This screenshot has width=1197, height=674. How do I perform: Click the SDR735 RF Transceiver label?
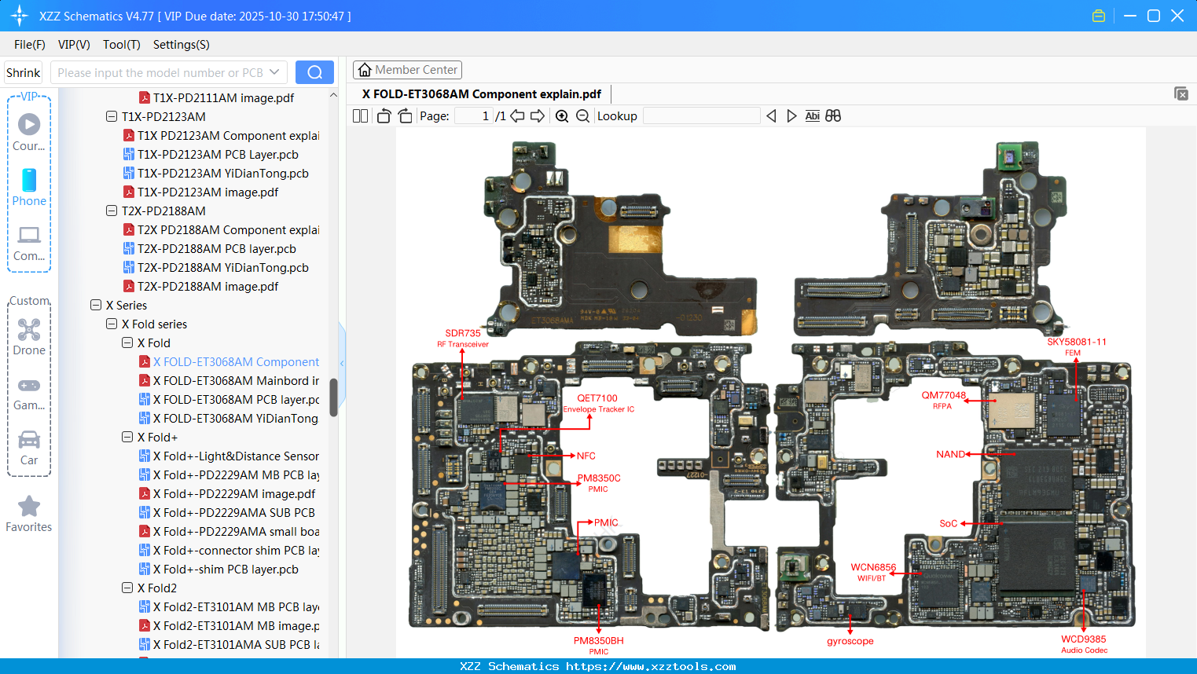[463, 338]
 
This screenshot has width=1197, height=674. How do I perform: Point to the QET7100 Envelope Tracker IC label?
[598, 403]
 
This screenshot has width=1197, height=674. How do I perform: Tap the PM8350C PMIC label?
[599, 482]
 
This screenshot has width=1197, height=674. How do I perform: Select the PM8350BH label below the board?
[599, 645]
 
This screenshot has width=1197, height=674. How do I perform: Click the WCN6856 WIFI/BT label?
[872, 572]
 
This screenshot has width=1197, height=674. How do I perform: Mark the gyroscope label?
[850, 641]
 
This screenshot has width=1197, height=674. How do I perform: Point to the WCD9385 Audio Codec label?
[1084, 644]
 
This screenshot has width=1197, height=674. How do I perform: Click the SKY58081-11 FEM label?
[1076, 346]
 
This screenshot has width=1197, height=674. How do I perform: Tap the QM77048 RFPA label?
[943, 400]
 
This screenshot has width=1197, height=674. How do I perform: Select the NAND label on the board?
[950, 454]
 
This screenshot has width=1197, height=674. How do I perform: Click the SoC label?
[948, 523]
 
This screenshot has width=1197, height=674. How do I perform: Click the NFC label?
[586, 456]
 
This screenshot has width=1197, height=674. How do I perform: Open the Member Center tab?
[407, 70]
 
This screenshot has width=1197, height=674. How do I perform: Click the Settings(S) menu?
[181, 45]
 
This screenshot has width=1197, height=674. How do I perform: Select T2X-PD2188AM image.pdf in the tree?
[207, 287]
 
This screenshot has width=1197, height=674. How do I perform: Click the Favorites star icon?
[29, 507]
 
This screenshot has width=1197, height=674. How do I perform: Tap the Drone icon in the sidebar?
[29, 330]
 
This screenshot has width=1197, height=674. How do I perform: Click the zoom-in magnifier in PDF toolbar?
[562, 116]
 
